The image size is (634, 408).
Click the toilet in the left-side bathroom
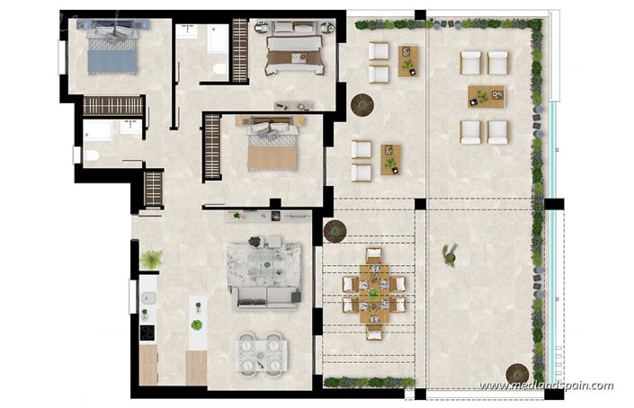click(x=91, y=155)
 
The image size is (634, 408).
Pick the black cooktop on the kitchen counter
click(x=147, y=332)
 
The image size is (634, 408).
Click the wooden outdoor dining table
click(x=373, y=294)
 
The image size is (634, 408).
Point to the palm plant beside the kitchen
click(x=150, y=260)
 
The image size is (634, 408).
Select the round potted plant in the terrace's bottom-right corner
click(x=518, y=371)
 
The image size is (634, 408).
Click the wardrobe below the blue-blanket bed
click(x=113, y=105)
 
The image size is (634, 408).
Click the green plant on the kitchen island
click(x=196, y=324)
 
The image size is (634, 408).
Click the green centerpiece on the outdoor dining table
click(x=373, y=293)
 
